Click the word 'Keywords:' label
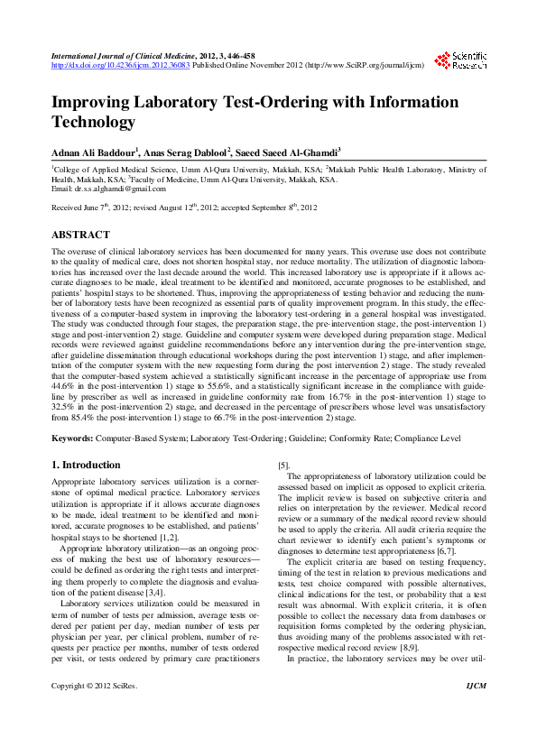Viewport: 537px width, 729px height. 74,438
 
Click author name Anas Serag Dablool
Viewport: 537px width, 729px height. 198,152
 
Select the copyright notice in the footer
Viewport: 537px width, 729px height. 95,712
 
